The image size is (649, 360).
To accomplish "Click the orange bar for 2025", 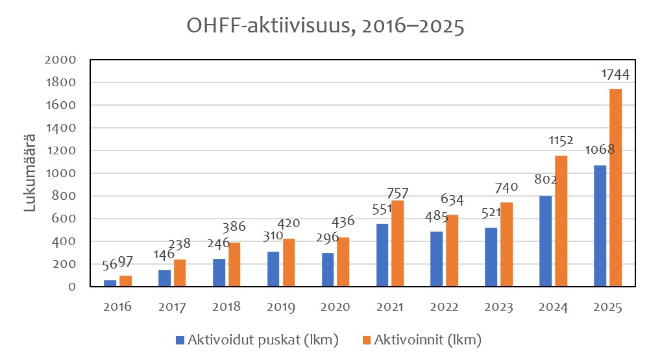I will [x=615, y=187].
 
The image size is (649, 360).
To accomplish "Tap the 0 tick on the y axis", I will [x=71, y=287].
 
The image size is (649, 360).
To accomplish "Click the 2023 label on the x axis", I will [x=497, y=307].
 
